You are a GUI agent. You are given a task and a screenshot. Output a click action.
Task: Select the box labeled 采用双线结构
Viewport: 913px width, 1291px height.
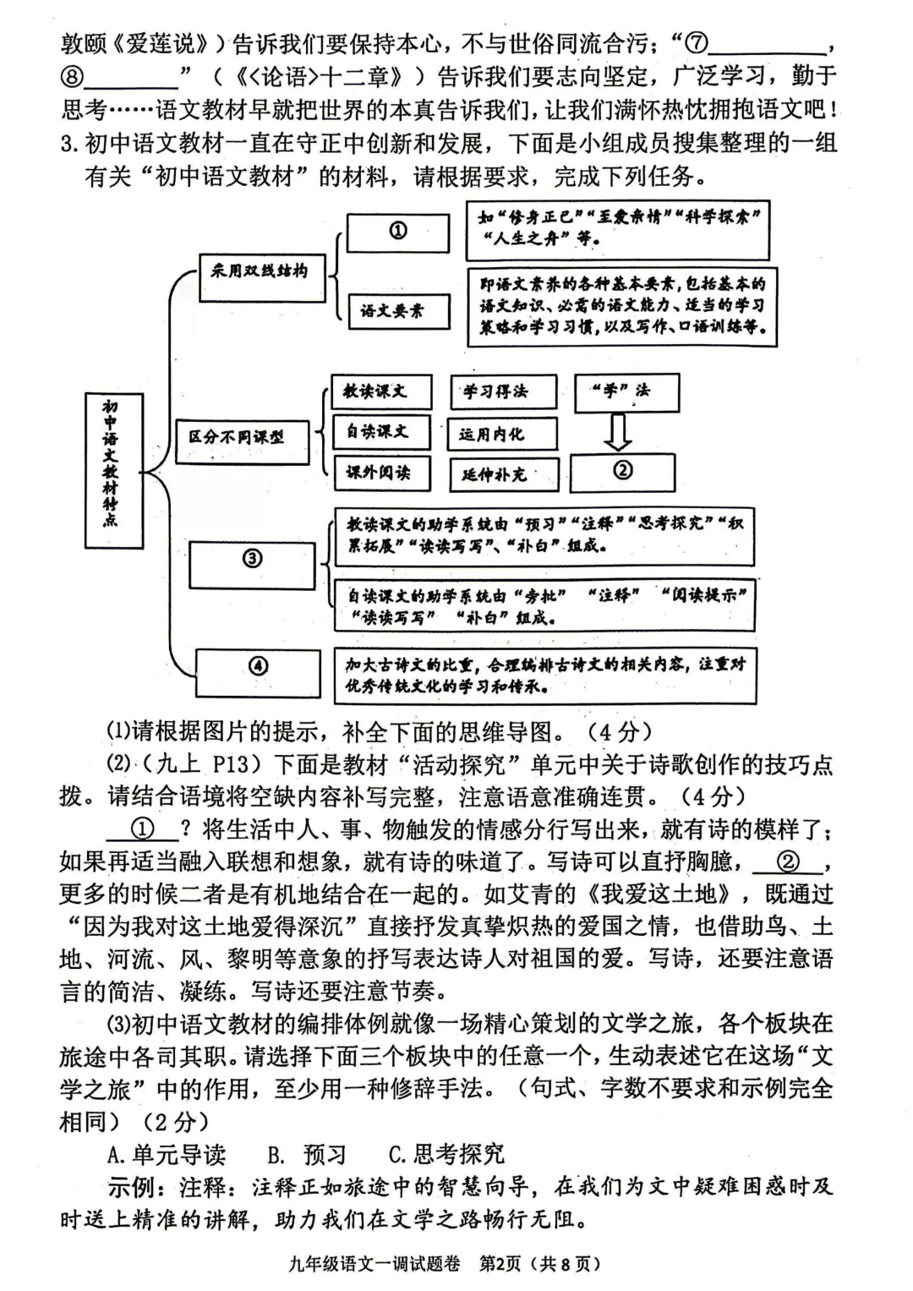pyautogui.click(x=261, y=272)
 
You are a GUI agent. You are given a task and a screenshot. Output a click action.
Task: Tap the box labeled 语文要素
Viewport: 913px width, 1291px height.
pyautogui.click(x=398, y=311)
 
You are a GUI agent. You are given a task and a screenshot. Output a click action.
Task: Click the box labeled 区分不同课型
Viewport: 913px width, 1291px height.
pyautogui.click(x=242, y=438)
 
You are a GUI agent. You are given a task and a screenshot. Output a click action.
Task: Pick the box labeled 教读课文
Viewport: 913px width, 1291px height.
pyautogui.click(x=380, y=391)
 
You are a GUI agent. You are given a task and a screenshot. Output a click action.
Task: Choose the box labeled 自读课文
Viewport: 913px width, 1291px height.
pyautogui.click(x=380, y=432)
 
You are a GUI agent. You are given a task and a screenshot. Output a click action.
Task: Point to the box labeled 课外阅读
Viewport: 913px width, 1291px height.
pyautogui.click(x=380, y=473)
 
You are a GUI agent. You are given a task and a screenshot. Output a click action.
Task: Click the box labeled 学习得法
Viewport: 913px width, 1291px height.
pyautogui.click(x=502, y=391)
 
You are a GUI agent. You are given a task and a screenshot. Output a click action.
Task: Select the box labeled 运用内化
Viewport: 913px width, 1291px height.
pyautogui.click(x=502, y=434)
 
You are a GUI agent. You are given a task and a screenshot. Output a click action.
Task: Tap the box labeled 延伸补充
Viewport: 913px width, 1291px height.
pyautogui.click(x=504, y=474)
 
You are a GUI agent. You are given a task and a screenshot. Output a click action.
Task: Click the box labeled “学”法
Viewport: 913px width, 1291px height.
pyautogui.click(x=626, y=391)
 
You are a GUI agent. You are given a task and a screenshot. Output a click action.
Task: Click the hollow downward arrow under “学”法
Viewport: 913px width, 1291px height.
pyautogui.click(x=619, y=432)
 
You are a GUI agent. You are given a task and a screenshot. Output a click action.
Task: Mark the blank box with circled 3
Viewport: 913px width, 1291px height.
pyautogui.click(x=252, y=561)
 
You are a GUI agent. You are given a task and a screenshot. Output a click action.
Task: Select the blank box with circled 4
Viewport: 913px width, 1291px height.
pyautogui.click(x=258, y=667)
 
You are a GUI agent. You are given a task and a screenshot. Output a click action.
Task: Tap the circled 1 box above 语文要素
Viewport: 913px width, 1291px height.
pyautogui.click(x=397, y=231)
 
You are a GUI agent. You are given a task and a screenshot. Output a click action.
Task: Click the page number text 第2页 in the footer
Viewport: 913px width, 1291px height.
pyautogui.click(x=502, y=1264)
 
